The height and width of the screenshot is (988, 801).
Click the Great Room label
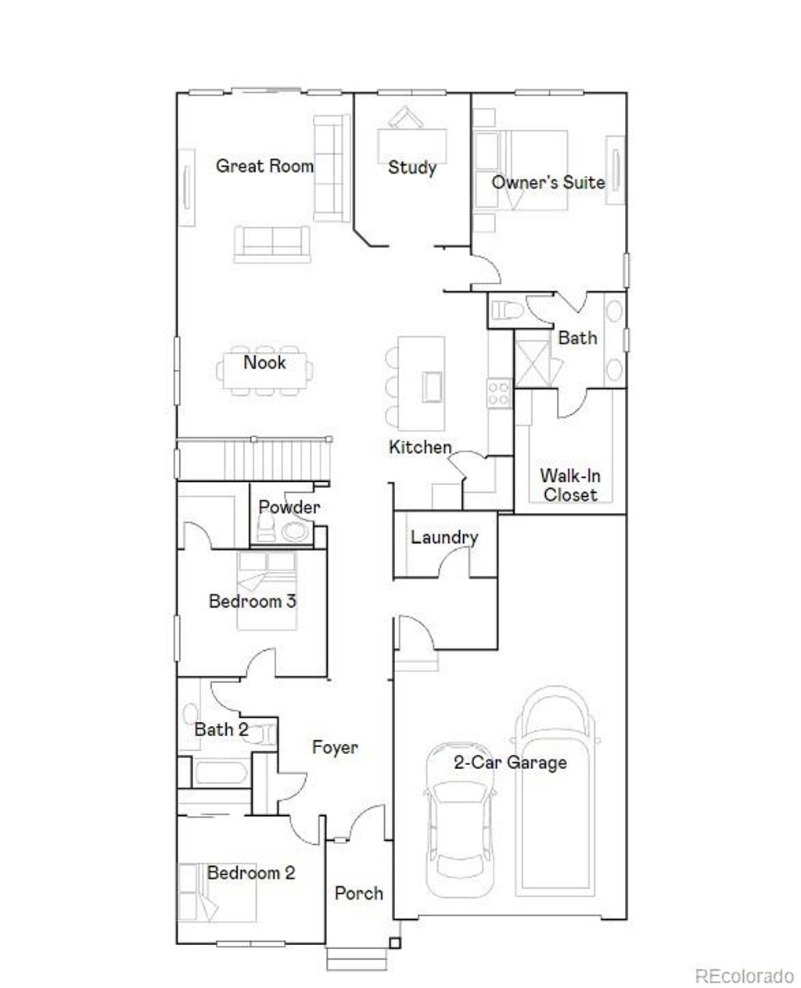[264, 166]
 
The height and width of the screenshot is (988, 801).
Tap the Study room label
[412, 167]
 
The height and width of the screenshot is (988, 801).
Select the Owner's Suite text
[548, 182]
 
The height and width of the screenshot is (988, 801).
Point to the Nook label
[264, 362]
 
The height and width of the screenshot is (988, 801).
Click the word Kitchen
[420, 447]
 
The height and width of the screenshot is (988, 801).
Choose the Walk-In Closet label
[570, 485]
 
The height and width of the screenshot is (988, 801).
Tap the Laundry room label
[444, 537]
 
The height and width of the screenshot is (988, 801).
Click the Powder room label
[289, 507]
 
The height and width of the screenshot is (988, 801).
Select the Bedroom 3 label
[252, 602]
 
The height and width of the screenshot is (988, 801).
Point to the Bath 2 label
[221, 730]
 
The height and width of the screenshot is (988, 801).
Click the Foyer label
[335, 747]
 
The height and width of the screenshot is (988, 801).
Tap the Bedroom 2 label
[251, 873]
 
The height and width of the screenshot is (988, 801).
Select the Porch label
[359, 893]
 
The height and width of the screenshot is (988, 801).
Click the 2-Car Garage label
[510, 762]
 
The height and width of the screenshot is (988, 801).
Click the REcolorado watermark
[744, 975]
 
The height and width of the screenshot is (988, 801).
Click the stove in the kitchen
[499, 392]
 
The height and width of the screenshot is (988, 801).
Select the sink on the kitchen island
[432, 386]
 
